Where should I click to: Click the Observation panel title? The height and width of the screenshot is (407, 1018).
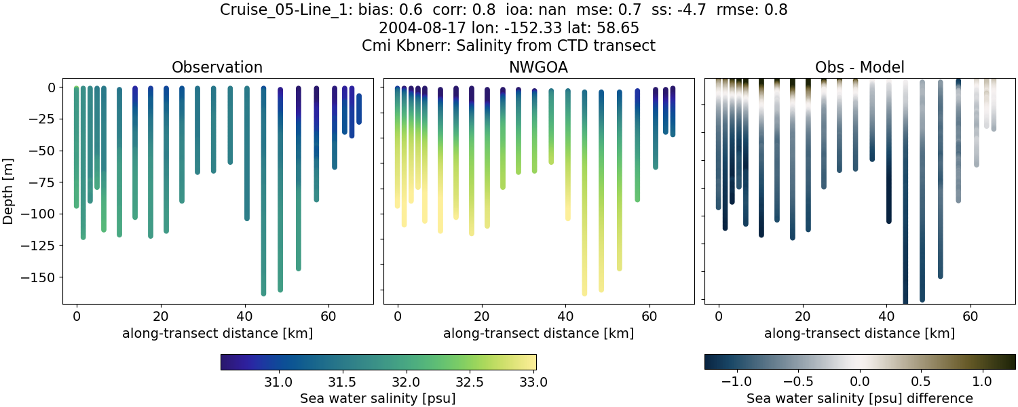tap(216, 67)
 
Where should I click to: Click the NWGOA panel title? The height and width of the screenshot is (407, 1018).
tap(538, 67)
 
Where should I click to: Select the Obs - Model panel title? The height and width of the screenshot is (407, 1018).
tap(859, 67)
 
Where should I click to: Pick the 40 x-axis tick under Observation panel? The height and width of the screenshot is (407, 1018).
tap(244, 315)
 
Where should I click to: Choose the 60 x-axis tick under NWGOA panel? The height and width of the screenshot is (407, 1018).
tap(649, 315)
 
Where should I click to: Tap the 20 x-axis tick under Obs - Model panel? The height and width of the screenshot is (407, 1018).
tap(802, 315)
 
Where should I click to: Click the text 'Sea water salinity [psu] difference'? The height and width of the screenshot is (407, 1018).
tap(859, 398)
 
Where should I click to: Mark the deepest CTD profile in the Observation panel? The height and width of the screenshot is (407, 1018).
tap(263, 203)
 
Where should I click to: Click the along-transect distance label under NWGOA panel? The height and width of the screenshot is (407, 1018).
tap(538, 333)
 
